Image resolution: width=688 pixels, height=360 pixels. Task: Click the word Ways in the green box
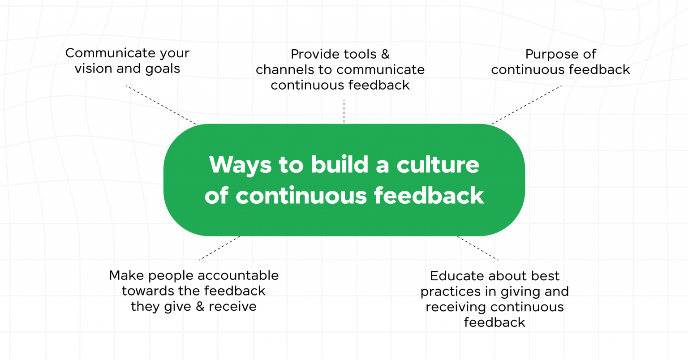240,165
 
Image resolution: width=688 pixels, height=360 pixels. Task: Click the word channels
285,70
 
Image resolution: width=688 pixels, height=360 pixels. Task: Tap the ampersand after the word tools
385,54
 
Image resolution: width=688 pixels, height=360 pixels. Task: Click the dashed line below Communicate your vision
161,105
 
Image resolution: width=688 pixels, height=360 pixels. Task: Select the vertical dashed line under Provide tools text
344,111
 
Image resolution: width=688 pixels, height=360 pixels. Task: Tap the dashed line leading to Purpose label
526,105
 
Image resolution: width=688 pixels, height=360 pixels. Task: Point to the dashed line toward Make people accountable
219,248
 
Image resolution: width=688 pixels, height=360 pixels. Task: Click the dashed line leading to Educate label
477,248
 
